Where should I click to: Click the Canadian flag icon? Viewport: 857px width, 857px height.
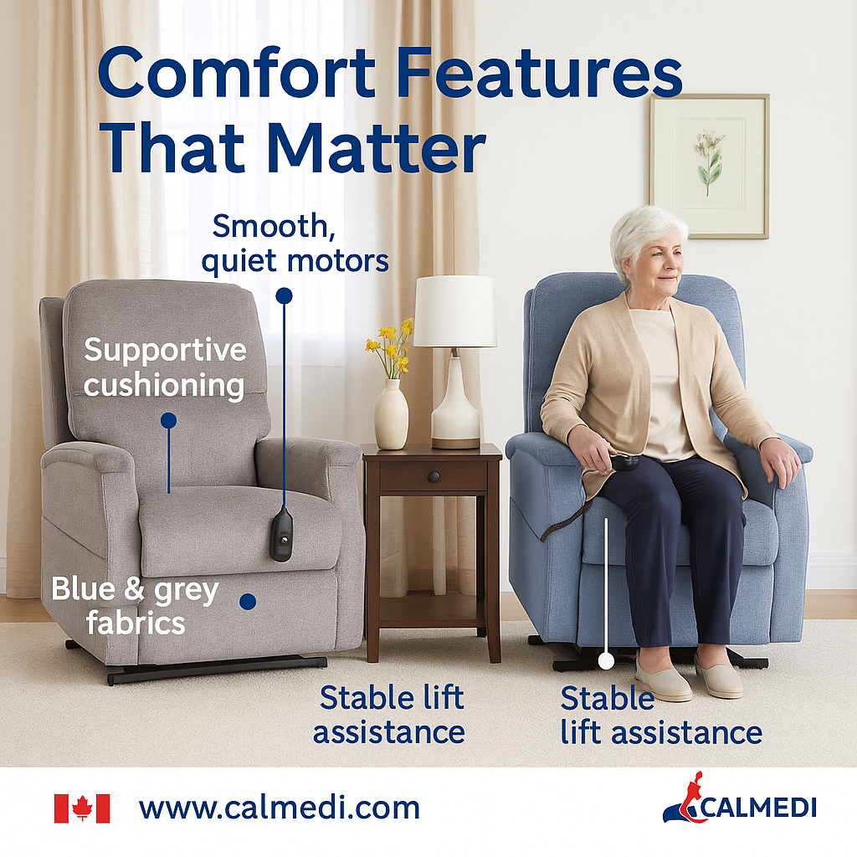pyautogui.click(x=82, y=808)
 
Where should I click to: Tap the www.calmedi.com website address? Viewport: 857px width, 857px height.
pyautogui.click(x=279, y=808)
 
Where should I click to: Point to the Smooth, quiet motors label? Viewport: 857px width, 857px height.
pyautogui.click(x=295, y=243)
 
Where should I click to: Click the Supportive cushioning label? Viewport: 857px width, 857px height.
pyautogui.click(x=165, y=367)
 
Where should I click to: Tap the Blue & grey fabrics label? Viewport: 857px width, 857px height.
pyautogui.click(x=134, y=605)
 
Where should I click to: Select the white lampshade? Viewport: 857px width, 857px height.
pyautogui.click(x=454, y=310)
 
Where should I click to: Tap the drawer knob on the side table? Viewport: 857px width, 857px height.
pyautogui.click(x=434, y=476)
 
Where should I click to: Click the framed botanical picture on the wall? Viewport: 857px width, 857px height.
pyautogui.click(x=709, y=166)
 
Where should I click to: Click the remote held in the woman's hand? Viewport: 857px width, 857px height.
pyautogui.click(x=624, y=462)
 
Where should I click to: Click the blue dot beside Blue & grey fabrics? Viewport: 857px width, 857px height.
pyautogui.click(x=247, y=601)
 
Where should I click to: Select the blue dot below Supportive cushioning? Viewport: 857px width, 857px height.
pyautogui.click(x=168, y=420)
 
